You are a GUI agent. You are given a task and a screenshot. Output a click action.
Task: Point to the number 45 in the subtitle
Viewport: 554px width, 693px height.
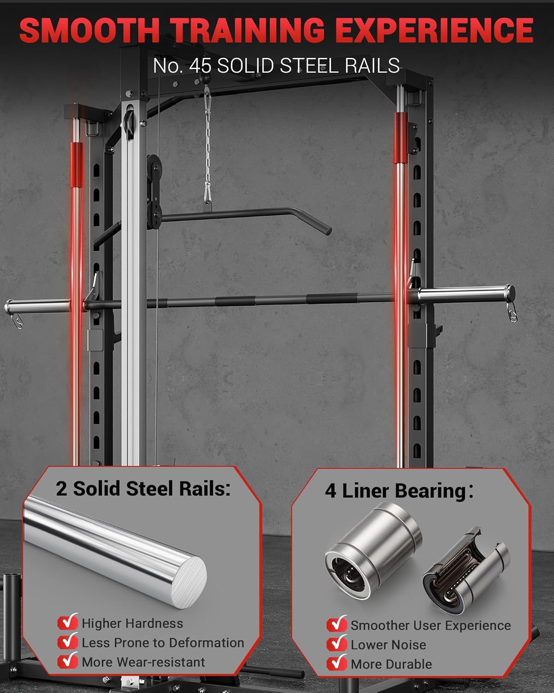(x=200, y=66)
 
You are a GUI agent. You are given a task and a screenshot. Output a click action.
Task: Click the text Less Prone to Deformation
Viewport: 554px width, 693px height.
(x=163, y=643)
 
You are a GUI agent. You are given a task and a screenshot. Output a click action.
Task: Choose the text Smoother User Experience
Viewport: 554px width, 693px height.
(x=430, y=625)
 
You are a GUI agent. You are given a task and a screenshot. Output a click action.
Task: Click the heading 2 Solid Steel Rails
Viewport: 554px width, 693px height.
(x=143, y=489)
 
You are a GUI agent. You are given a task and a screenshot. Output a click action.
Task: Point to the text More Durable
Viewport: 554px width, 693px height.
(x=391, y=664)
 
